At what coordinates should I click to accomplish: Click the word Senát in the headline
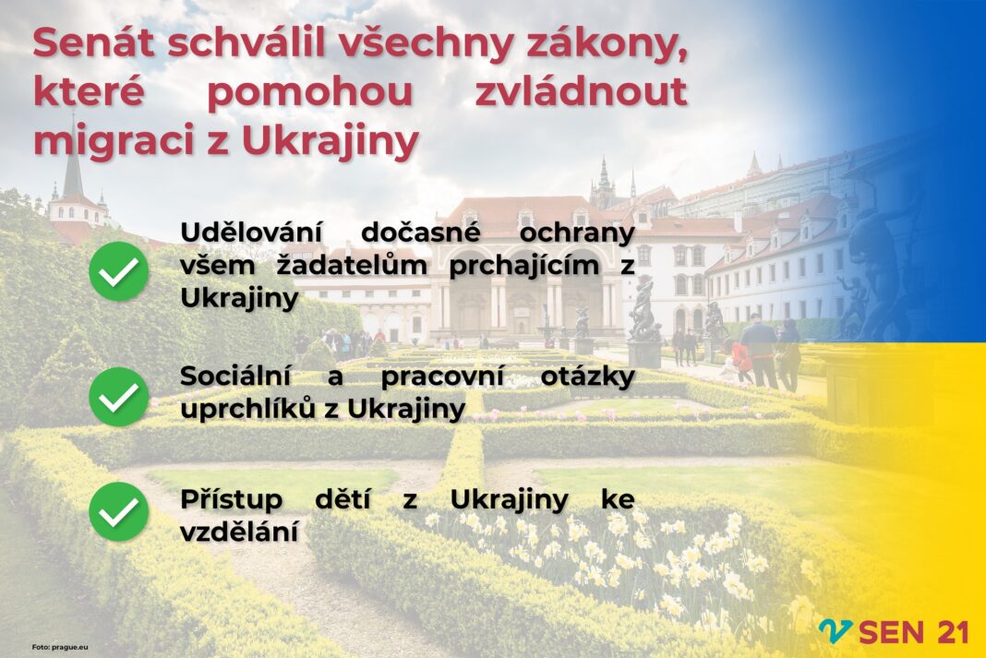coord(93,42)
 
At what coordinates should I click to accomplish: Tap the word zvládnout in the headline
coord(581,91)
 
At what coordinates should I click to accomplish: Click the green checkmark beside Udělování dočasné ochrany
coord(118,271)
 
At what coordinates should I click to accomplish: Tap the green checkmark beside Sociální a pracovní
coord(118,397)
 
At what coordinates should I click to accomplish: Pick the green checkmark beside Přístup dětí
coord(118,511)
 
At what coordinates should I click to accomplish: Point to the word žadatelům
coord(352,265)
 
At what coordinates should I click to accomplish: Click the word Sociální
coord(235,376)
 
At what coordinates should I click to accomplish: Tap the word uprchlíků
coord(247,409)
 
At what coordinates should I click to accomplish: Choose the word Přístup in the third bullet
coord(232,500)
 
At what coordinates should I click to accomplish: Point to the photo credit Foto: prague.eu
coord(60,647)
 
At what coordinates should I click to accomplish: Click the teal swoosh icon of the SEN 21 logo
coord(836,630)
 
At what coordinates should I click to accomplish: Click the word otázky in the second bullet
coord(587,377)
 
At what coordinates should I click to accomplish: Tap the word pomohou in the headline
coord(309,93)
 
